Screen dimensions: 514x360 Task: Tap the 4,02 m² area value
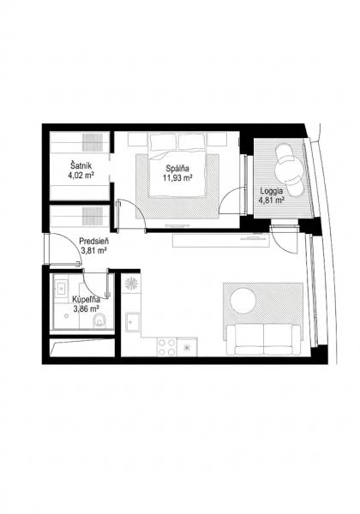pyautogui.click(x=81, y=176)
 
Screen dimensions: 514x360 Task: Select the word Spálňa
pyautogui.click(x=178, y=168)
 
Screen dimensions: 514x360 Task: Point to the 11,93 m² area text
pyautogui.click(x=178, y=178)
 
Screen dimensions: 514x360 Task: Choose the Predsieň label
pyautogui.click(x=93, y=242)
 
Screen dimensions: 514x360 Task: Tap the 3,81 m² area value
pyautogui.click(x=93, y=253)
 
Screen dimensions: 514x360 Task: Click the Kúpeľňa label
pyautogui.click(x=87, y=299)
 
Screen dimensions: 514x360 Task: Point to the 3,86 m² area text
pyautogui.click(x=87, y=309)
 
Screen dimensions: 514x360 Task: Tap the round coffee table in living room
pyautogui.click(x=243, y=301)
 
